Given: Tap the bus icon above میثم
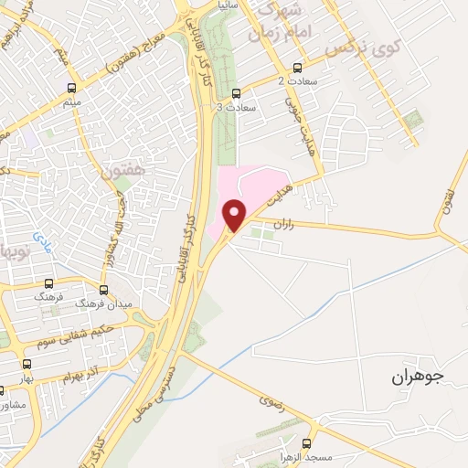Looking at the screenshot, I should point(71,89).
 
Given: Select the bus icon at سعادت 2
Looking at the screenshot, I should point(296,69).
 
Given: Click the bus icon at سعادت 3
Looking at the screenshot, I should point(236,92).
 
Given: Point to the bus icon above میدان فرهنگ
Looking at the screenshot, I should point(102,287).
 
